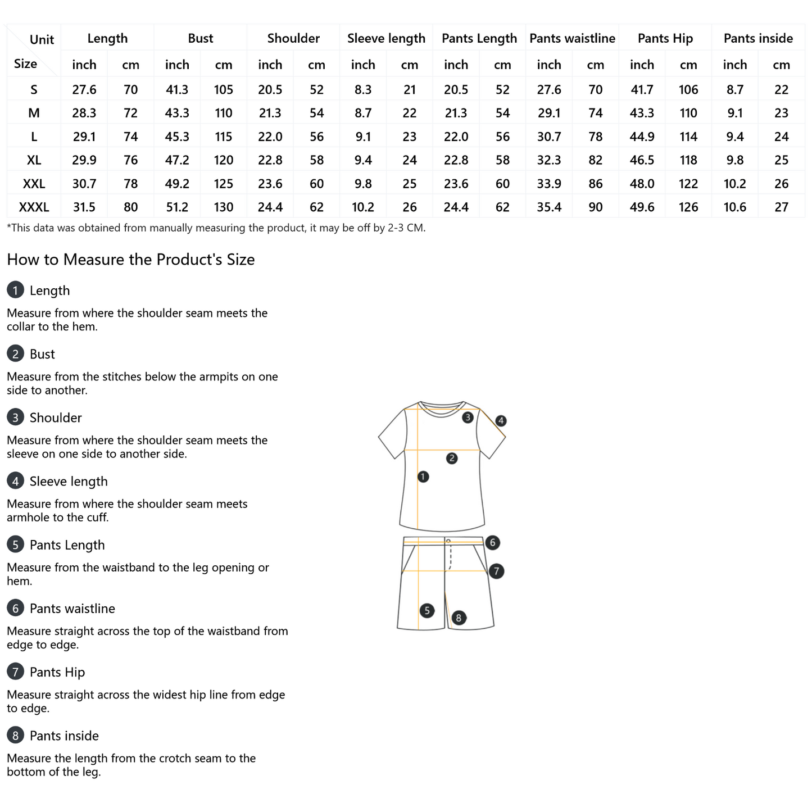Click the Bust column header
tap(200, 38)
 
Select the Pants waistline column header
tap(572, 38)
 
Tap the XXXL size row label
tap(34, 207)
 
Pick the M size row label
tap(34, 113)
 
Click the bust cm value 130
tap(224, 207)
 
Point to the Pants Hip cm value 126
tap(688, 207)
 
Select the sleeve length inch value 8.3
tap(363, 89)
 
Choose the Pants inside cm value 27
tap(781, 207)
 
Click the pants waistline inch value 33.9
tap(549, 184)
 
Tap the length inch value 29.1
tap(84, 137)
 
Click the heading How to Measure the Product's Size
tap(131, 260)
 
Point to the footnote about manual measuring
tap(216, 228)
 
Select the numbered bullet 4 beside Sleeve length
tap(15, 481)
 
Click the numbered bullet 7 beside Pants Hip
tap(15, 672)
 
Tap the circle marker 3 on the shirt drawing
tap(468, 418)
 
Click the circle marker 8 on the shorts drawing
tap(459, 618)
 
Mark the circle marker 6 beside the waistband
tap(492, 542)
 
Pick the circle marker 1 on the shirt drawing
tap(423, 477)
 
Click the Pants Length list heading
tap(67, 545)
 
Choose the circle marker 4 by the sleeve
tap(501, 420)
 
